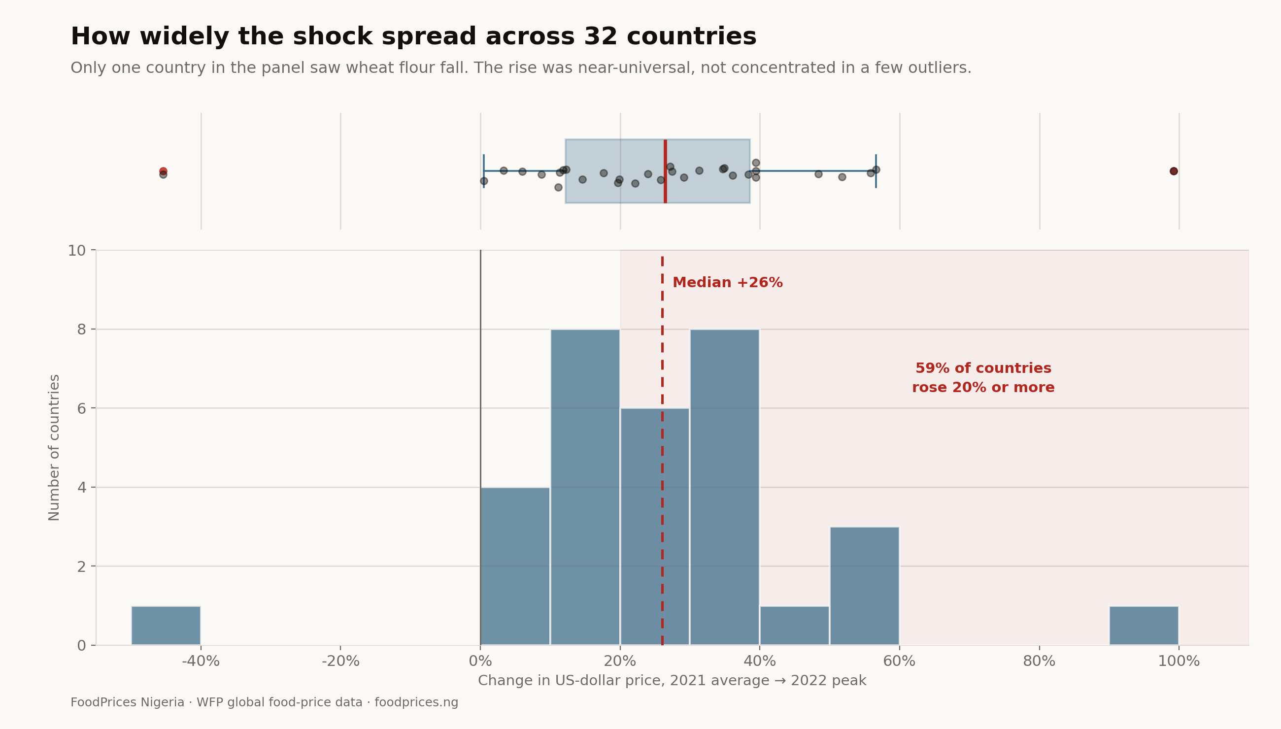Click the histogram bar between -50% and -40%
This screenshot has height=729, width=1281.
pyautogui.click(x=166, y=626)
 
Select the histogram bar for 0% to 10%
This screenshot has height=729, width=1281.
pyautogui.click(x=515, y=566)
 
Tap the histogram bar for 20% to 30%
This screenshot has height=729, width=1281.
pyautogui.click(x=654, y=526)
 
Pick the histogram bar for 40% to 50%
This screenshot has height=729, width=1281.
pyautogui.click(x=794, y=626)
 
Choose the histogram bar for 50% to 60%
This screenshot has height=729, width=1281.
pyautogui.click(x=864, y=586)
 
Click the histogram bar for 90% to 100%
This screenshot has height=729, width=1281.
pyautogui.click(x=1144, y=626)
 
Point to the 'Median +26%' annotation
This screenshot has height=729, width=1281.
pyautogui.click(x=727, y=282)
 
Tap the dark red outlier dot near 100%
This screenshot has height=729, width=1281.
pyautogui.click(x=1173, y=171)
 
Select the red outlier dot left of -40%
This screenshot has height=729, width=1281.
pyautogui.click(x=163, y=171)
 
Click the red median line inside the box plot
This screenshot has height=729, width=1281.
pyautogui.click(x=665, y=171)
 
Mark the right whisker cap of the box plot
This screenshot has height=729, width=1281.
pyautogui.click(x=876, y=171)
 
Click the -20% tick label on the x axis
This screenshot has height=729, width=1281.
pyautogui.click(x=340, y=662)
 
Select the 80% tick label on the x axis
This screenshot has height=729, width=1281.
pyautogui.click(x=1039, y=662)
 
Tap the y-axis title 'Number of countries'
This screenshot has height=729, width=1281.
pyautogui.click(x=54, y=448)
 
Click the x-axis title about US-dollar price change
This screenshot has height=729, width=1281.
pyautogui.click(x=672, y=681)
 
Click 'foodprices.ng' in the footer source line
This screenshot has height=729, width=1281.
pyautogui.click(x=416, y=702)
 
